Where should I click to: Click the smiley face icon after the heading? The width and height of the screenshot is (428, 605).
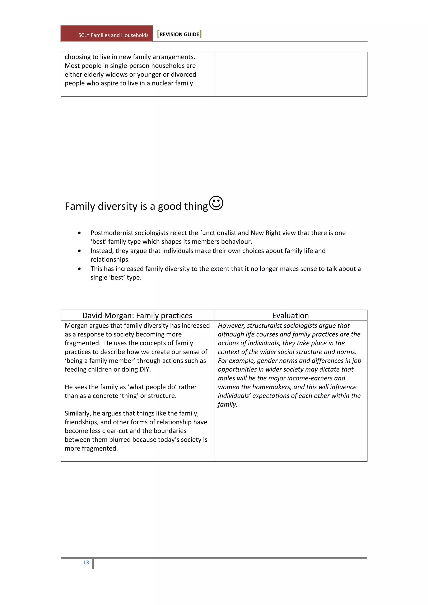pos(216,203)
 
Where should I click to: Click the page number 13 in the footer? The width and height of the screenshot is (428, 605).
pos(86,562)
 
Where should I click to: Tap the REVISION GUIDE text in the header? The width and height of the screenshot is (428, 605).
pos(179,34)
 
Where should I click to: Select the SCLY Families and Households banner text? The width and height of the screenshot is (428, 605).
pos(113,35)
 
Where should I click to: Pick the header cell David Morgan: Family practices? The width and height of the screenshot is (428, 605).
pos(137,315)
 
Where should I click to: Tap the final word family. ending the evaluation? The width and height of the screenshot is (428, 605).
pos(227,404)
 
